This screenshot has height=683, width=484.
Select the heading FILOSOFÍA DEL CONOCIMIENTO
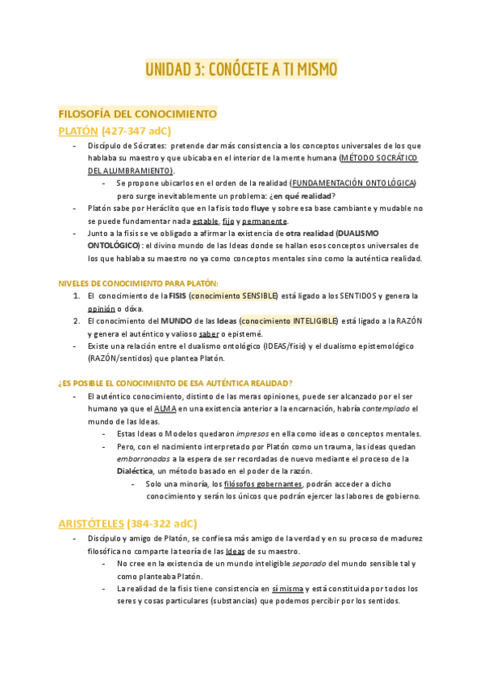(x=137, y=114)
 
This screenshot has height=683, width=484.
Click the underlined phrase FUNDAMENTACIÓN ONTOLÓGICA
(x=353, y=184)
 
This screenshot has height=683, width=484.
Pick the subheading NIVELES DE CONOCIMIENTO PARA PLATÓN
(x=138, y=284)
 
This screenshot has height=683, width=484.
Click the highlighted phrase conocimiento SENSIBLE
(x=233, y=296)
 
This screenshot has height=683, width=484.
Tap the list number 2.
(x=76, y=321)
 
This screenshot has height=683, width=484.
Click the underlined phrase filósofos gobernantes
(x=264, y=484)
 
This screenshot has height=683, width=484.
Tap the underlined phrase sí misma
(x=288, y=589)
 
